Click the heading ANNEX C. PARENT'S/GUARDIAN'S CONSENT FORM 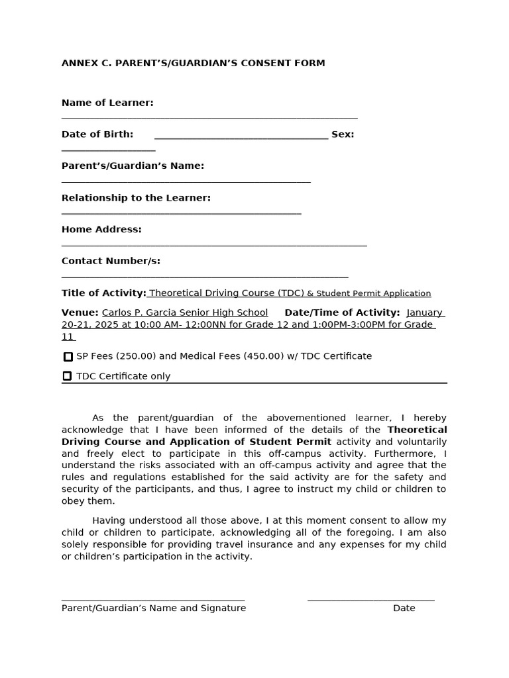coord(193,64)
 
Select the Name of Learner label coord(107,103)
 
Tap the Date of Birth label coord(97,134)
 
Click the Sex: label coord(343,134)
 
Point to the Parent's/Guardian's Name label coord(133,166)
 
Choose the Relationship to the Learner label coord(136,198)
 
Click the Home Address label coord(101,230)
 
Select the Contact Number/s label coord(111,261)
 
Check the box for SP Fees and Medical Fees coord(68,357)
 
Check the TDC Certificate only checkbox coord(67,376)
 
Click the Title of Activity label coord(103,293)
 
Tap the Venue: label coord(80,313)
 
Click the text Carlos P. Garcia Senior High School coord(185,313)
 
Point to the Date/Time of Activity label coord(342,313)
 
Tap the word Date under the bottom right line coord(404,608)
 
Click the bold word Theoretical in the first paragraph coord(417,430)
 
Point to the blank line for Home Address coord(214,245)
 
